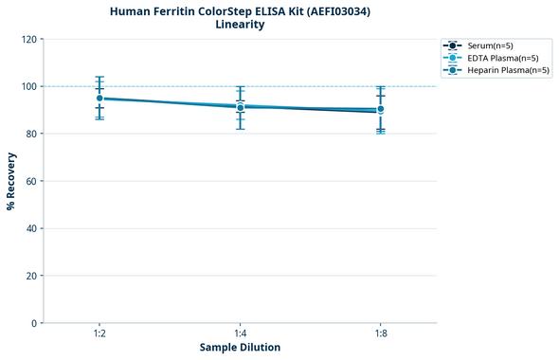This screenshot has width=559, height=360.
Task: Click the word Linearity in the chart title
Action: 240,25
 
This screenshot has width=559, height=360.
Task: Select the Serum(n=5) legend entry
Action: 490,45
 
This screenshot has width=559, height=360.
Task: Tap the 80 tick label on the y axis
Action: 30,134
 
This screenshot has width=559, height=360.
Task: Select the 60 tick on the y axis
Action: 30,181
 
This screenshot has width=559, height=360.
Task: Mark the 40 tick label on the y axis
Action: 30,228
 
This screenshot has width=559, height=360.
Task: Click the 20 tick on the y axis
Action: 30,276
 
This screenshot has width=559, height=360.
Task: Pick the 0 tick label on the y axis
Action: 33,323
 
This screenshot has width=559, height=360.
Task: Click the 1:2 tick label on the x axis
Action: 99,333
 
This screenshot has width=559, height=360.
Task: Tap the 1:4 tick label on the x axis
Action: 240,333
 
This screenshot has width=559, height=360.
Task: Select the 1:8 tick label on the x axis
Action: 380,333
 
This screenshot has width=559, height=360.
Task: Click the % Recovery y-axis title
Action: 11,181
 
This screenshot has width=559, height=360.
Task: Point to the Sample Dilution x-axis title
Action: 240,348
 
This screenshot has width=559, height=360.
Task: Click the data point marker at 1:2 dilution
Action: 99,98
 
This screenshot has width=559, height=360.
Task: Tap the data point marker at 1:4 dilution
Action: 240,107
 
